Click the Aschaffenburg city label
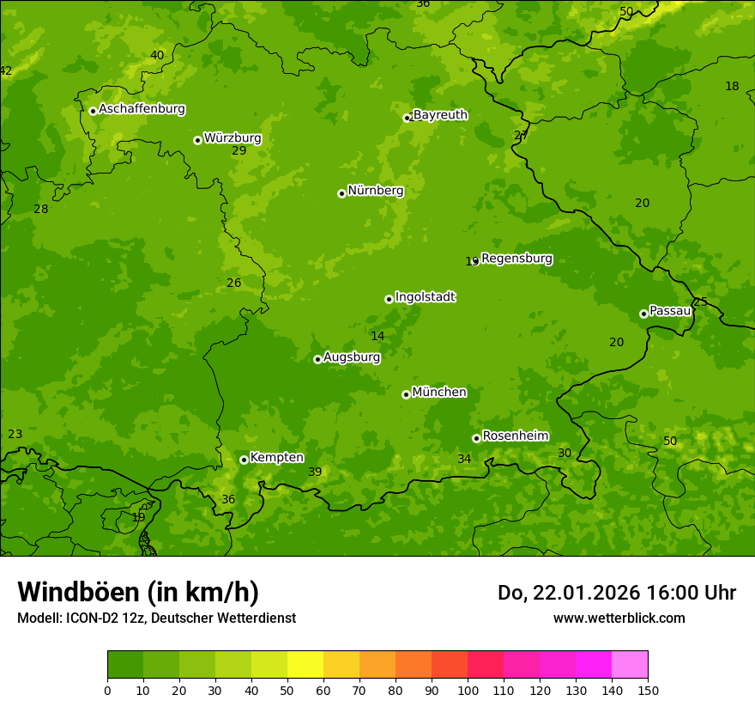click(x=142, y=109)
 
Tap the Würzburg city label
click(x=233, y=138)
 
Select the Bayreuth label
click(x=440, y=115)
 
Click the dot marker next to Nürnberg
click(x=341, y=193)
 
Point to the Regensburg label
click(x=516, y=259)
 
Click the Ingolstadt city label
click(x=425, y=297)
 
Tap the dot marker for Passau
click(x=643, y=314)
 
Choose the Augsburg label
click(x=352, y=357)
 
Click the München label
click(x=439, y=393)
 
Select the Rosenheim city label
click(x=515, y=436)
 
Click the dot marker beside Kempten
click(x=244, y=460)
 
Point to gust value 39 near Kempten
click(x=315, y=472)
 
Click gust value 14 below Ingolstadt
click(x=377, y=336)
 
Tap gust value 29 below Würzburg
click(x=239, y=150)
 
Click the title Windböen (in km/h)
click(x=137, y=592)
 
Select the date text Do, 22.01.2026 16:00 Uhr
click(x=616, y=593)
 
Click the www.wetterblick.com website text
click(x=619, y=618)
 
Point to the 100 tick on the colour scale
click(x=468, y=690)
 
